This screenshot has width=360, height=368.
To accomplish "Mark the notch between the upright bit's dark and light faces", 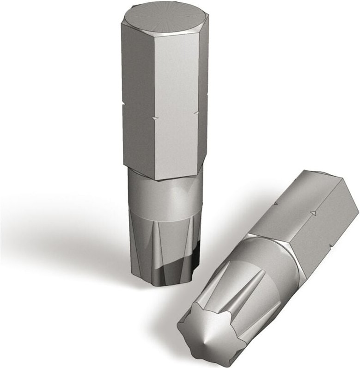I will pos(154,119).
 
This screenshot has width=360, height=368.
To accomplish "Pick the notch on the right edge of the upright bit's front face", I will pos(197,112).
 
